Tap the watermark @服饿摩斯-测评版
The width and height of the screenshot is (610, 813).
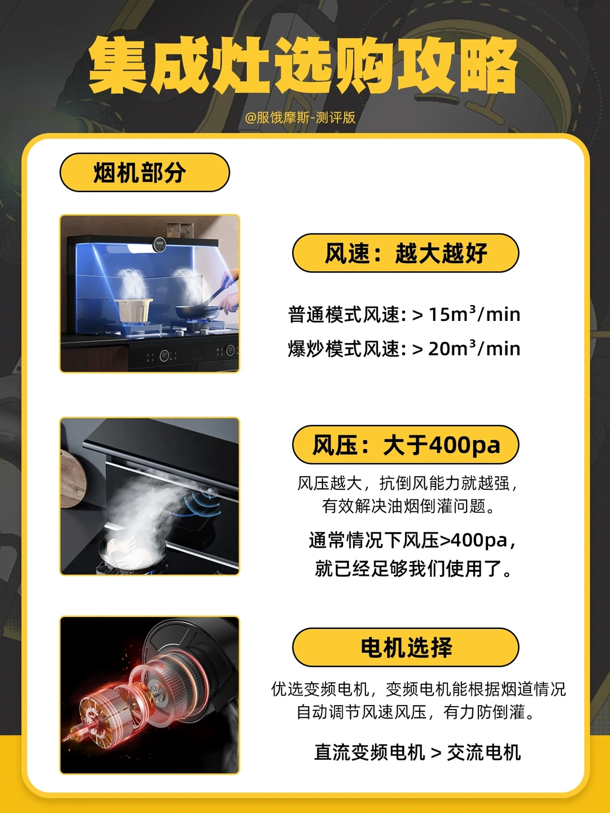tap(300, 118)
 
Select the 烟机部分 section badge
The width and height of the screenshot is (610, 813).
tap(145, 172)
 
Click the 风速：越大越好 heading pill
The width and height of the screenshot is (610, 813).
tap(406, 253)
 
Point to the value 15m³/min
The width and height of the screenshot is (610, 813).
tap(474, 315)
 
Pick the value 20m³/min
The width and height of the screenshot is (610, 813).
tap(474, 349)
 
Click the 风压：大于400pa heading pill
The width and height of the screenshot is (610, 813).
tap(406, 445)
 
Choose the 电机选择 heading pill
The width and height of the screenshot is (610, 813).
tap(406, 647)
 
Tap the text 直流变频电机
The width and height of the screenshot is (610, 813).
tap(369, 752)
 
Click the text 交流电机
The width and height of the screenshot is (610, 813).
tap(484, 752)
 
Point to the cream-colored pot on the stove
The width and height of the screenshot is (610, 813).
tap(133, 309)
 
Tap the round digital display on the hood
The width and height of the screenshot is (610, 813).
tap(159, 244)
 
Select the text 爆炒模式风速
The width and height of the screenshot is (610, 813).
tap(344, 349)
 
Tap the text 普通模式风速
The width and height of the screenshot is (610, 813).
tap(344, 315)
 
